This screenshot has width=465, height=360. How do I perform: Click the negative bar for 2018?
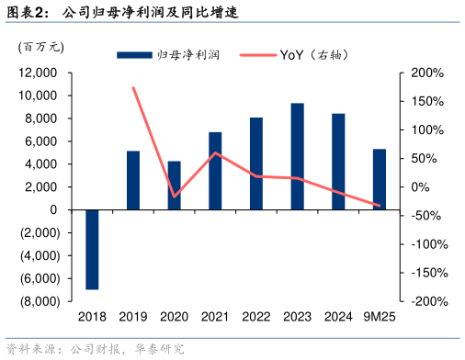(x=92, y=249)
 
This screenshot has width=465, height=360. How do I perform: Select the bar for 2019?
(x=133, y=180)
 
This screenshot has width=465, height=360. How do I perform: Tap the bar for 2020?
(x=175, y=186)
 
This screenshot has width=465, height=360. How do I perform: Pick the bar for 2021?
(x=215, y=171)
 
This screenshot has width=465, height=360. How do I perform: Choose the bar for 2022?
(x=256, y=163)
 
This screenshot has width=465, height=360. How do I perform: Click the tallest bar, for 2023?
(x=298, y=156)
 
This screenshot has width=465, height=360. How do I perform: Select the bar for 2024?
(x=338, y=162)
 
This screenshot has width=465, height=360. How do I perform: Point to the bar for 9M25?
(x=379, y=179)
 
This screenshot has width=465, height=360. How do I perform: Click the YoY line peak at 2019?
(x=133, y=88)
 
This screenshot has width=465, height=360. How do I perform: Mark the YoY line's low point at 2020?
(x=175, y=197)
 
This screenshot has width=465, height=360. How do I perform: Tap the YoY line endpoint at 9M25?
(x=379, y=206)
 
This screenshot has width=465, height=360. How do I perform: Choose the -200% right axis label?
(x=427, y=301)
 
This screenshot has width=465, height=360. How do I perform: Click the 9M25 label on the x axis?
(x=379, y=317)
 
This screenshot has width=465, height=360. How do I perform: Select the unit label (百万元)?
(x=40, y=47)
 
